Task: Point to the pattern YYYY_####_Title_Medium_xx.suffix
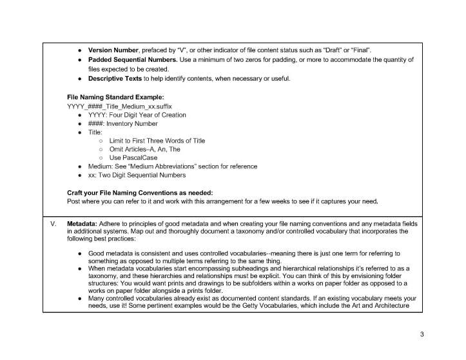[120, 105]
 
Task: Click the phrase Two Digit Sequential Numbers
[142, 175]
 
